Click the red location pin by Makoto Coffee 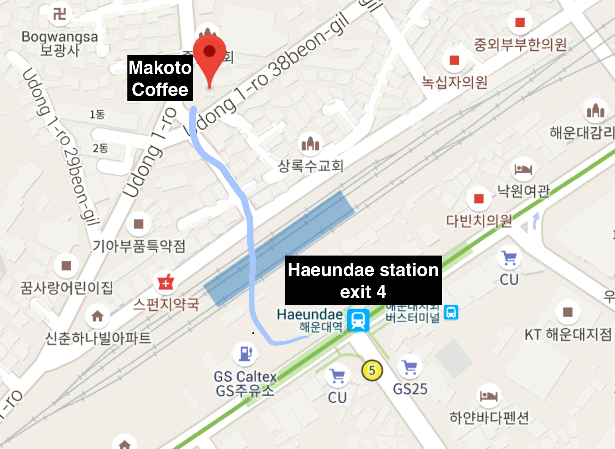(209, 53)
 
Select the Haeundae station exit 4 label (363, 280)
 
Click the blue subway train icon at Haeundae (358, 320)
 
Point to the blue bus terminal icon (451, 312)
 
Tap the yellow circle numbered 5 (372, 370)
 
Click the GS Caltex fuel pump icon (245, 353)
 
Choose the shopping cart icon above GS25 (410, 367)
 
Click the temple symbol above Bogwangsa (59, 14)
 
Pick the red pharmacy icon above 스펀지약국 (166, 282)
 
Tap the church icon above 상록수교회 (310, 144)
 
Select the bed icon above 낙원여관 (523, 169)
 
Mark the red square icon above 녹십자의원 (454, 60)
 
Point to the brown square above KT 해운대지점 (568, 312)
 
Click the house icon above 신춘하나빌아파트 (97, 316)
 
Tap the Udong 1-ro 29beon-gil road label (61, 148)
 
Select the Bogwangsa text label (60, 37)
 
